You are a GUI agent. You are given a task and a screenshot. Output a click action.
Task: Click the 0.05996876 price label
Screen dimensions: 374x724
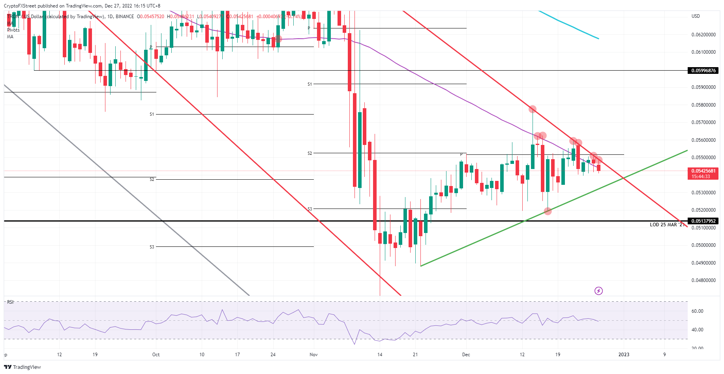click(x=703, y=71)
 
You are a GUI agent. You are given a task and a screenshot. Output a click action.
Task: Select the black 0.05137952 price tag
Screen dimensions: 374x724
click(x=703, y=221)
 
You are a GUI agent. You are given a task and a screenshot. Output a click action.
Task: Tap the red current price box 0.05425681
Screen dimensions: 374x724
click(x=703, y=173)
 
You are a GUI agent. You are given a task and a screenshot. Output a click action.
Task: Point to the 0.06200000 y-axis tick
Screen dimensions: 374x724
click(x=703, y=35)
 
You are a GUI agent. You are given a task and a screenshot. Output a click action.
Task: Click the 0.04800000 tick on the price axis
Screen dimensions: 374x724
click(x=703, y=280)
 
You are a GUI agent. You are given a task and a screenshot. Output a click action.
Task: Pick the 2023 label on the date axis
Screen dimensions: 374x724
click(x=624, y=355)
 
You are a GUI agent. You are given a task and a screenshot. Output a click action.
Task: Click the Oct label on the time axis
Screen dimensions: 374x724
click(x=156, y=355)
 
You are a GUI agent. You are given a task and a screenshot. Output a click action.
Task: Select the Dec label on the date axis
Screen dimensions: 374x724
click(x=466, y=355)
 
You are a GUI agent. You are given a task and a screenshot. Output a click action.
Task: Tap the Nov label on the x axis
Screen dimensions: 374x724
click(x=313, y=355)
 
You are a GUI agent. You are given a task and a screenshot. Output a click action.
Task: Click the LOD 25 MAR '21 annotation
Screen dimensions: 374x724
click(x=667, y=225)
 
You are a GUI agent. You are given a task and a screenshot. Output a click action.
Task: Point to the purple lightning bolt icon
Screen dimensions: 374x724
click(x=598, y=291)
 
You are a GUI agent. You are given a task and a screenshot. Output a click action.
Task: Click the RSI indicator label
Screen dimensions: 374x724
click(x=10, y=302)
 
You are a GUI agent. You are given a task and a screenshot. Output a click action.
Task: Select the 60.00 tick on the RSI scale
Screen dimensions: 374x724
click(x=697, y=311)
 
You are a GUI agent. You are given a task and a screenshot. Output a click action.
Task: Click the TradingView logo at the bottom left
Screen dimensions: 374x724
click(x=23, y=367)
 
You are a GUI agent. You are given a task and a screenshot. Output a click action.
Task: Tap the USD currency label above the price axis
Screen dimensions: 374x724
click(x=696, y=16)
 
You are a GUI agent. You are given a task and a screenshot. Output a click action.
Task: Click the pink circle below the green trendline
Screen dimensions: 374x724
click(x=548, y=211)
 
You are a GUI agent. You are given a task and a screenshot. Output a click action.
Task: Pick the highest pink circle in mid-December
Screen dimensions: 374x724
click(x=533, y=109)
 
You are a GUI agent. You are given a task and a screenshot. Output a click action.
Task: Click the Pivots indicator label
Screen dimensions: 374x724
click(x=13, y=30)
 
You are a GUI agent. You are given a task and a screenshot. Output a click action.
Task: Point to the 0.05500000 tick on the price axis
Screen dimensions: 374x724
click(x=703, y=158)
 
